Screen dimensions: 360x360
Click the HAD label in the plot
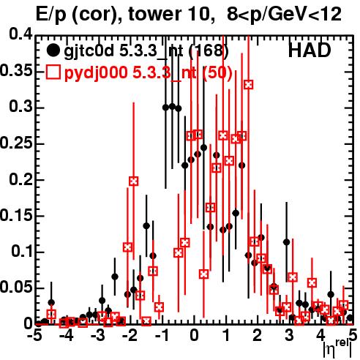click(x=310, y=50)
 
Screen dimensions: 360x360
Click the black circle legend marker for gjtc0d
click(x=53, y=50)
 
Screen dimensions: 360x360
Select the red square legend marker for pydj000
click(x=53, y=72)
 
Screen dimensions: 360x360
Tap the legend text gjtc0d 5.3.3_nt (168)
click(x=146, y=52)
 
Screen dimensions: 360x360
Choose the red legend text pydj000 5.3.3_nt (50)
click(x=148, y=73)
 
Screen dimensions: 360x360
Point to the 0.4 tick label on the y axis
click(x=21, y=35)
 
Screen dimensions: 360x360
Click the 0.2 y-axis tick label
click(x=21, y=180)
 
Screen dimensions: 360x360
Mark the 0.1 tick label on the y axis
click(x=22, y=252)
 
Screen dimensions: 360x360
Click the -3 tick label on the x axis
click(x=98, y=335)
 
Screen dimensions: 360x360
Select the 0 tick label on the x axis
click(x=194, y=335)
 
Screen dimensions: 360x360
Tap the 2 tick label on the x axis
click(x=258, y=335)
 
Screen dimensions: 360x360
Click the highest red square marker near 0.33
click(x=249, y=85)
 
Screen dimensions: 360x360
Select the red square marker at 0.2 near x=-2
click(x=134, y=181)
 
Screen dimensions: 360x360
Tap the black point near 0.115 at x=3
click(x=287, y=242)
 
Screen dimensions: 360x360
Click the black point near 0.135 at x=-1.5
click(x=146, y=226)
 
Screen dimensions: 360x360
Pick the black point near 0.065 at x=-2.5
click(x=115, y=277)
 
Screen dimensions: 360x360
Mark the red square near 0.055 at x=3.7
click(x=312, y=282)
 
